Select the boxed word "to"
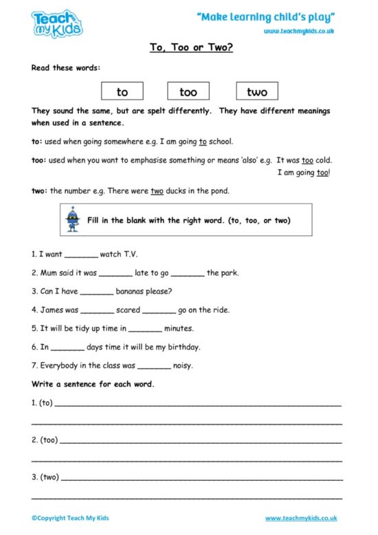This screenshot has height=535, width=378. (x=122, y=91)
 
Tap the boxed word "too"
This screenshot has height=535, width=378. (x=188, y=91)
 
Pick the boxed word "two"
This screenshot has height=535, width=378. (x=257, y=91)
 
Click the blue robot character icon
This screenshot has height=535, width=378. (x=71, y=219)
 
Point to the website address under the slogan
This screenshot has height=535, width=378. (x=300, y=31)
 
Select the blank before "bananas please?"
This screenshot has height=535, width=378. (x=96, y=292)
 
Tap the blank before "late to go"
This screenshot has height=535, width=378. (x=115, y=274)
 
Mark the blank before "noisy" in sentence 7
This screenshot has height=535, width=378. (x=154, y=367)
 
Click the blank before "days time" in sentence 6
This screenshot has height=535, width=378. (x=67, y=348)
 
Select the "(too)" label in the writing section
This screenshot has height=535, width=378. (x=49, y=440)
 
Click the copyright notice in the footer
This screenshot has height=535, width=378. (x=70, y=518)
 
